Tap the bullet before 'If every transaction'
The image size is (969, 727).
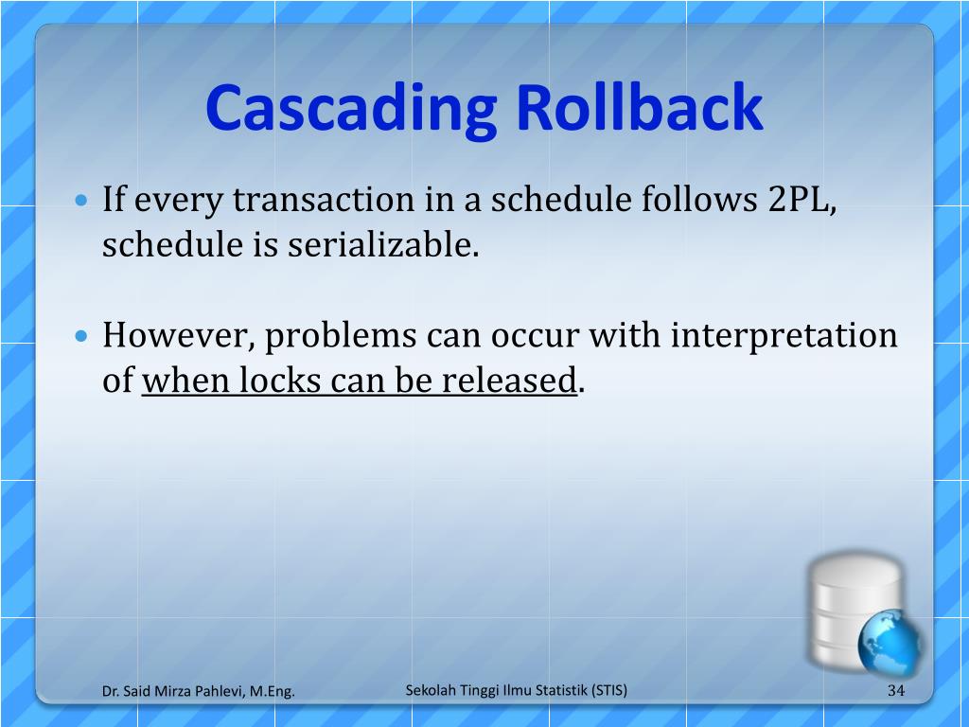81,202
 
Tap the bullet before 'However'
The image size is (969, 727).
81,337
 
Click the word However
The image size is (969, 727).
177,336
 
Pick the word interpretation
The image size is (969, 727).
784,336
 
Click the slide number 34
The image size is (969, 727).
896,691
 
